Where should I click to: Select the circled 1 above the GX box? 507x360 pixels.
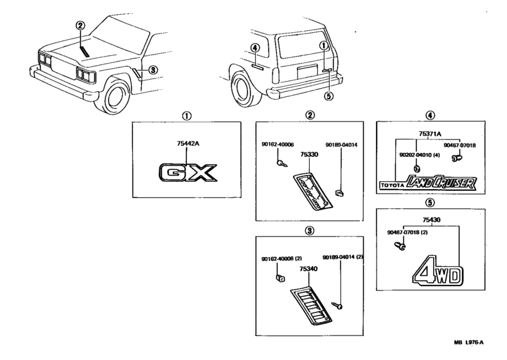pos(186,116)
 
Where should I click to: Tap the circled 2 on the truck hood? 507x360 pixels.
pos(80,26)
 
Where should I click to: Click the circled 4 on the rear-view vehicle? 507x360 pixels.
pos(256,48)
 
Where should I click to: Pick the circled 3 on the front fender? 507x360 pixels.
pos(152,69)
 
